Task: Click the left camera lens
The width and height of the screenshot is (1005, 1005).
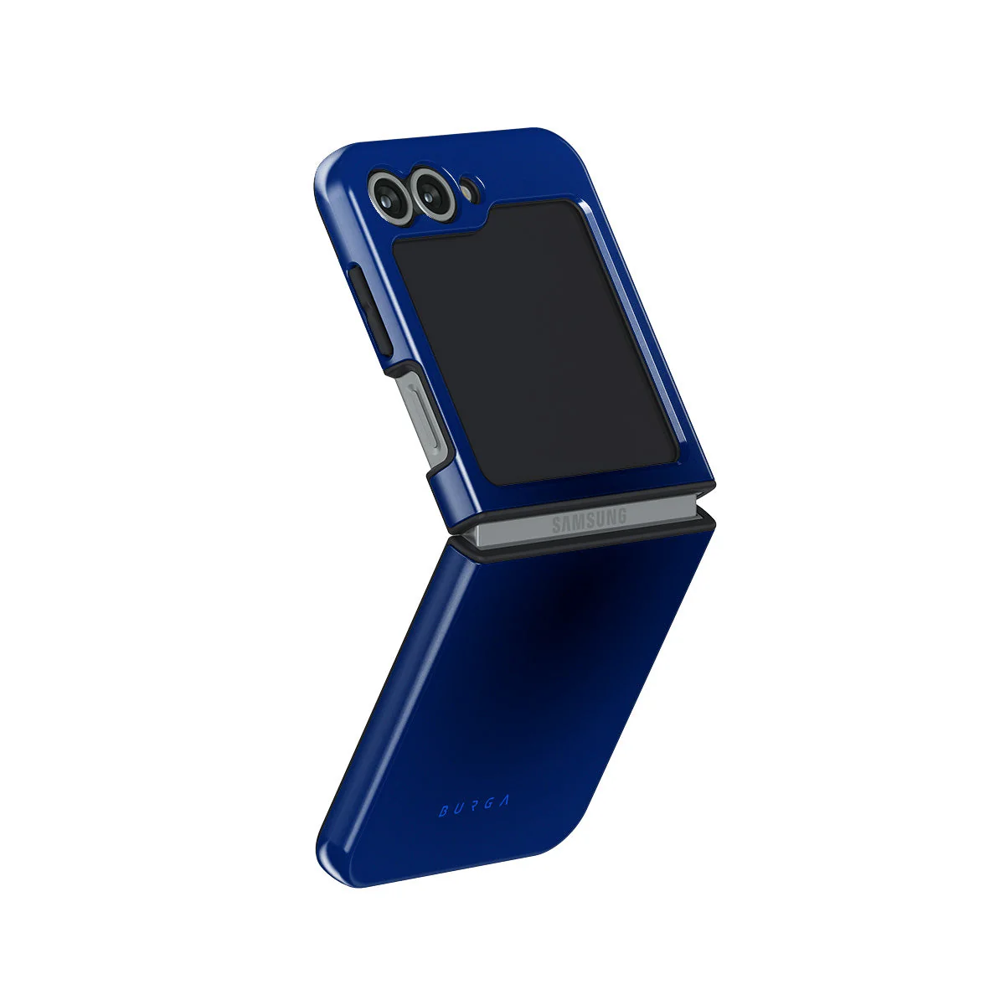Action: pos(389,197)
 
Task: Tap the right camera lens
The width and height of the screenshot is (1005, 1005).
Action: pos(431,193)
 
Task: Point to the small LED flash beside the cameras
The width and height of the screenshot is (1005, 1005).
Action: pos(470,190)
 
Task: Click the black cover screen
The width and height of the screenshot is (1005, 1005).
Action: pos(535,343)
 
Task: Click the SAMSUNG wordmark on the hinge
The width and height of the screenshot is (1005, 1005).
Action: pos(590,521)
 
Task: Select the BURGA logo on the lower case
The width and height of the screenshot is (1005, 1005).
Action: pos(473,807)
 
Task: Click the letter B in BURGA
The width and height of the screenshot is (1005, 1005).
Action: pos(444,811)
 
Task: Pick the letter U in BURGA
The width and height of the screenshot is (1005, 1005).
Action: pos(459,809)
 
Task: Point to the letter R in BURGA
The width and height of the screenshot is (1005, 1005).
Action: pos(472,807)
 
